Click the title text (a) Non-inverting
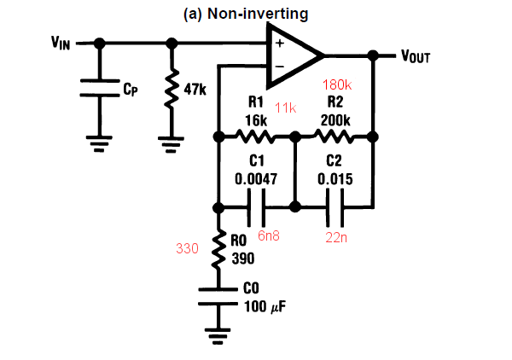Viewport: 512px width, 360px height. pos(246,14)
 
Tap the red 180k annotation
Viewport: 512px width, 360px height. pos(337,84)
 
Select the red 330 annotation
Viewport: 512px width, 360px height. pos(188,249)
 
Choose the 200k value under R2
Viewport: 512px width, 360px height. pos(335,121)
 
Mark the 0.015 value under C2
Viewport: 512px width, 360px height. pos(335,180)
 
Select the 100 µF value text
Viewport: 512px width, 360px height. pos(257,306)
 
